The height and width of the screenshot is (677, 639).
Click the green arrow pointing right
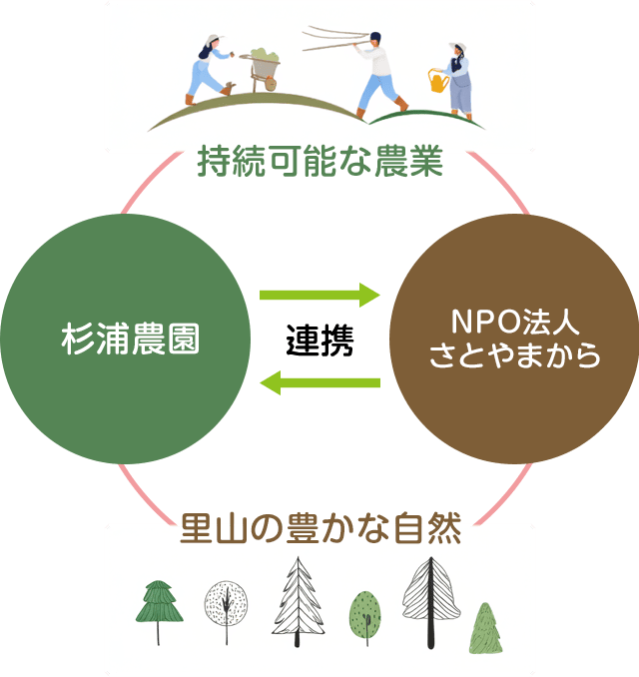tap(319, 295)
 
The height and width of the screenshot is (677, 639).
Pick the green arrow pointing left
tap(319, 381)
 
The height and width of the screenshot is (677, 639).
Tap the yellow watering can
tap(437, 80)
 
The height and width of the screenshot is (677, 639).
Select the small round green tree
tap(364, 614)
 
